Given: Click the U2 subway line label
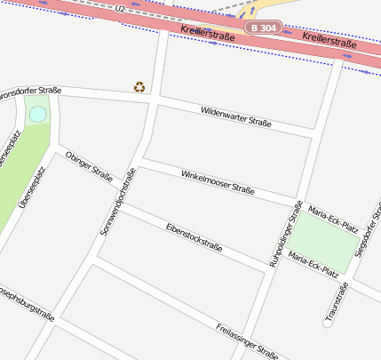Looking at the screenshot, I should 120,8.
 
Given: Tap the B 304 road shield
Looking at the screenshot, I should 265,28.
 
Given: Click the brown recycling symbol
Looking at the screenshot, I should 139,86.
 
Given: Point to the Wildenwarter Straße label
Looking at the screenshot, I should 235,116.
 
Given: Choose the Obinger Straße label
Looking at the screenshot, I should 89,165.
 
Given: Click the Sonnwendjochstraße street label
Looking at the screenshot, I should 117,204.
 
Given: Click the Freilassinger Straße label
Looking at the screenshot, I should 246,340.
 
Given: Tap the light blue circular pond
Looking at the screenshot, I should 37,115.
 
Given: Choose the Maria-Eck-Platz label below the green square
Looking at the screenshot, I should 314,264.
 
